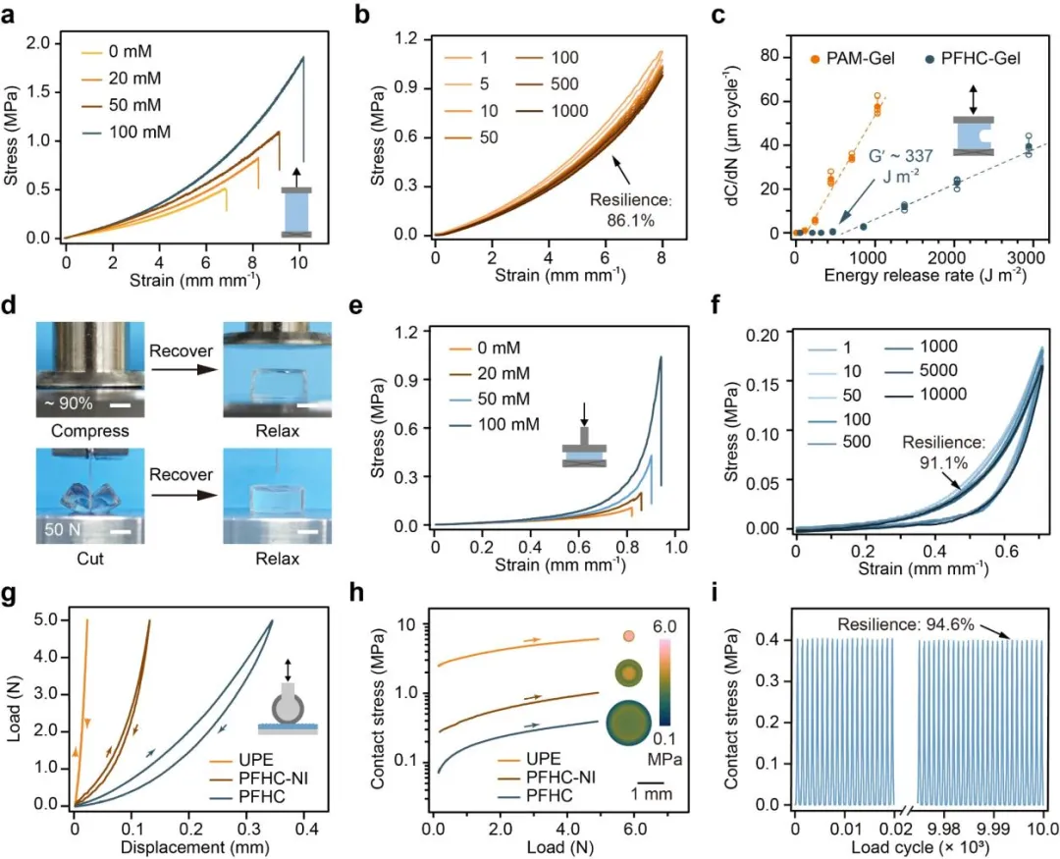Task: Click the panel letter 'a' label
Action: click(x=13, y=16)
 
